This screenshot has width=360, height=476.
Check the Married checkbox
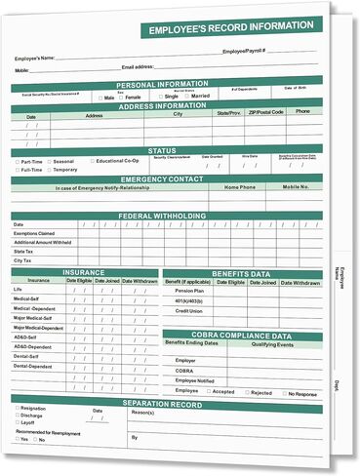tap(186, 98)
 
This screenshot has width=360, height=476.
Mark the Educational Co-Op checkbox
tap(91, 161)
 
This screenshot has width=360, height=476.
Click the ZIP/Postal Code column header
tap(264, 113)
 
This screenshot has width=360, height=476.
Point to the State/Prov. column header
tap(228, 113)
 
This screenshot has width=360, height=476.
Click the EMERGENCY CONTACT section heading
tap(161, 179)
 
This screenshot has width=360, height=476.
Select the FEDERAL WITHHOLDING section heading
tap(161, 216)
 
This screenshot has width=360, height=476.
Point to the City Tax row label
tap(23, 261)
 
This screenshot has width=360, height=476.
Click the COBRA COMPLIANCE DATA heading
tap(241, 335)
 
